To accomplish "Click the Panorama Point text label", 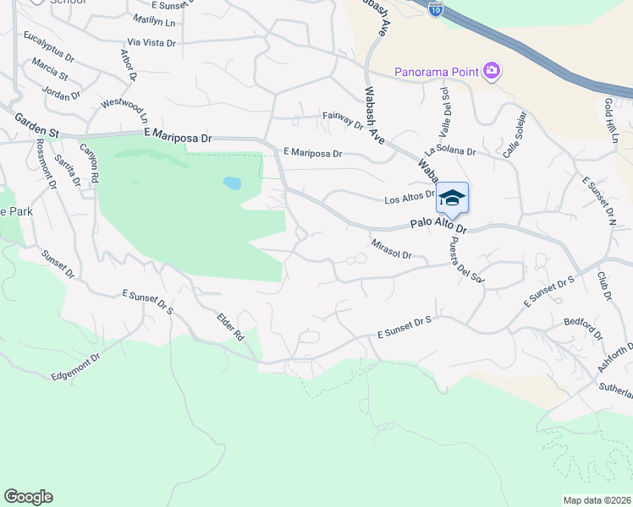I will (437, 71).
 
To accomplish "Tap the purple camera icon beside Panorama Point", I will (492, 72).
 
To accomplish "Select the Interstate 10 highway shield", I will (434, 8).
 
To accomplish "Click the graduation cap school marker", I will (452, 198).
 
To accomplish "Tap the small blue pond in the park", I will (231, 183).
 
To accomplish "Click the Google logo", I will (29, 497).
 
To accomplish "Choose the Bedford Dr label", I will (583, 329).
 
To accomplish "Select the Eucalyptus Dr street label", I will (49, 43).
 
